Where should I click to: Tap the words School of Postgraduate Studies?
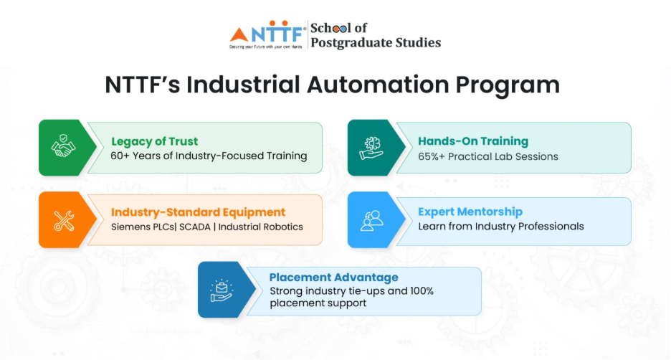[376, 35]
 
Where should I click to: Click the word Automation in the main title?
[377, 85]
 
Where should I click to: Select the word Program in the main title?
[508, 85]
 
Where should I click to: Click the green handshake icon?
[63, 146]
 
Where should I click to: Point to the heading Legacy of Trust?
[154, 142]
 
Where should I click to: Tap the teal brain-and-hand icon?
[371, 148]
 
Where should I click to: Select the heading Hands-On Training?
[473, 141]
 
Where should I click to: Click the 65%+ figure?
[432, 156]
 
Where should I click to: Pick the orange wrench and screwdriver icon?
[64, 221]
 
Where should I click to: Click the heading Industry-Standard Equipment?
[198, 212]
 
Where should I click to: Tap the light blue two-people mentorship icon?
[371, 220]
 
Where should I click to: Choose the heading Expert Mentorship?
[470, 212]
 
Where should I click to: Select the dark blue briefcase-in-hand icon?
[222, 290]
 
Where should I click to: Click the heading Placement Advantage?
[334, 278]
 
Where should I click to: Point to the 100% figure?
[422, 291]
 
